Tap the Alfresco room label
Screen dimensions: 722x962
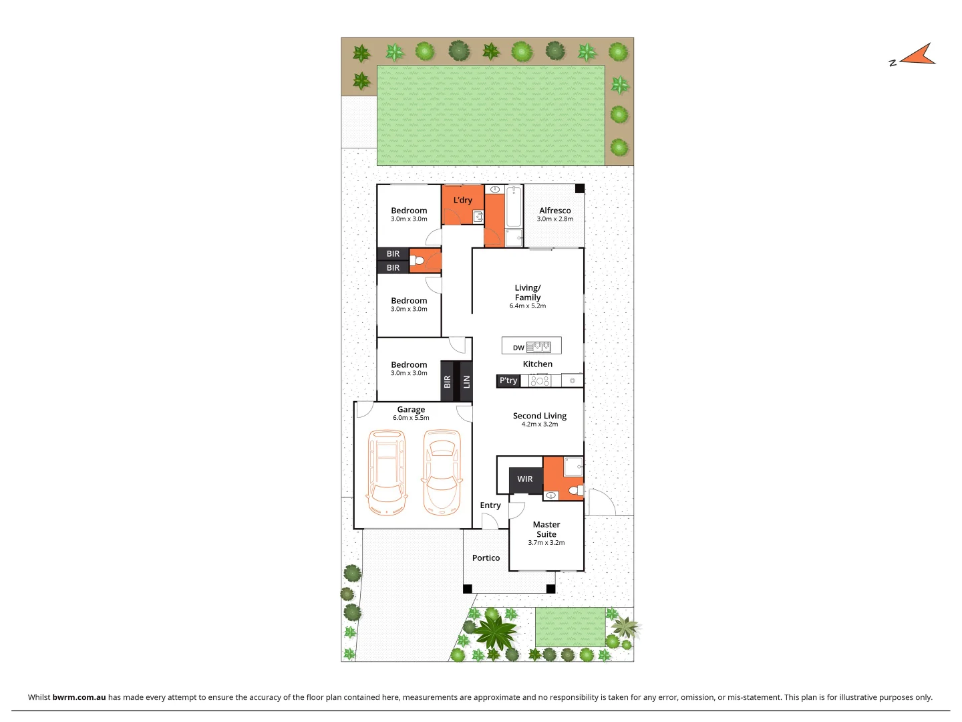pyautogui.click(x=555, y=211)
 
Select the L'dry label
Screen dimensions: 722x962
pyautogui.click(x=463, y=200)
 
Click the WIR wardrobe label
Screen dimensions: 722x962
pyautogui.click(x=525, y=479)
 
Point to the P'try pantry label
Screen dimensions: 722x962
pyautogui.click(x=508, y=380)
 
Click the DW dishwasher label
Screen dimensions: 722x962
pyautogui.click(x=518, y=348)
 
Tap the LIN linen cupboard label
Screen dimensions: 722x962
pyautogui.click(x=466, y=382)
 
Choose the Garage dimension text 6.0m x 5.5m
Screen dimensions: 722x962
pyautogui.click(x=411, y=418)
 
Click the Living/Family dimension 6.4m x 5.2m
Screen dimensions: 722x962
pyautogui.click(x=528, y=306)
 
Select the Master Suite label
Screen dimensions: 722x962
pyautogui.click(x=546, y=529)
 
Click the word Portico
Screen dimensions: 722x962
pyautogui.click(x=486, y=558)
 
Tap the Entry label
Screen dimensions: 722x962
pyautogui.click(x=490, y=505)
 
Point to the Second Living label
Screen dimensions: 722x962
pyautogui.click(x=540, y=416)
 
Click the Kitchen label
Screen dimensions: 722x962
pyautogui.click(x=538, y=364)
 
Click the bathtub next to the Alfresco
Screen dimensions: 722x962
pyautogui.click(x=514, y=207)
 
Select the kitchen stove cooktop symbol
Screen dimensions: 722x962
pyautogui.click(x=540, y=381)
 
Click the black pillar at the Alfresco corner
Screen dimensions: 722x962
pyautogui.click(x=580, y=189)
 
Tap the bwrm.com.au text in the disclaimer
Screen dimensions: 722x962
pyautogui.click(x=79, y=697)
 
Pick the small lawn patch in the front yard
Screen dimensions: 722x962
pyautogui.click(x=571, y=627)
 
